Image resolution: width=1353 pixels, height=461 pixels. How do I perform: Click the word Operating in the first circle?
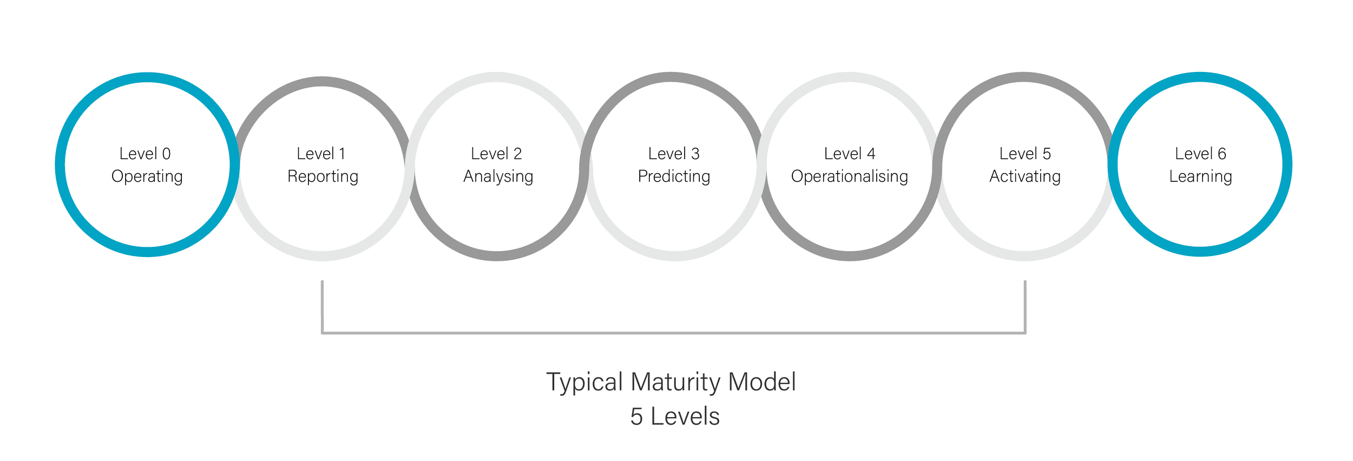(147, 177)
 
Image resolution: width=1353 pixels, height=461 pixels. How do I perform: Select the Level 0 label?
(145, 154)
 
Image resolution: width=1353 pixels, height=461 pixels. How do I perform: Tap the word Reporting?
(323, 177)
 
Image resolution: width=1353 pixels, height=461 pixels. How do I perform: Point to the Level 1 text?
(321, 154)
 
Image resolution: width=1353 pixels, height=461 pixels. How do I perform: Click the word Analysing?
(498, 177)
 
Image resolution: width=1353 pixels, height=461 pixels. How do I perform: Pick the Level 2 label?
(496, 154)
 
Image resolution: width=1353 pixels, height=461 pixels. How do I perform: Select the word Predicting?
(674, 177)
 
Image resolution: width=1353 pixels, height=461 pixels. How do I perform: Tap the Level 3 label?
(674, 154)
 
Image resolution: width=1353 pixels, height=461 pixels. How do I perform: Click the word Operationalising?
(849, 177)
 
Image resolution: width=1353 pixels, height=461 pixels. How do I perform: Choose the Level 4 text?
(849, 154)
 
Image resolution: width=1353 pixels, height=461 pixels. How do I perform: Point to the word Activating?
(1024, 177)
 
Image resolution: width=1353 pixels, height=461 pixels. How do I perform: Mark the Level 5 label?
(1024, 154)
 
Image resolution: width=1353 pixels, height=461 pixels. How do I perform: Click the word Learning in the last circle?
(1200, 177)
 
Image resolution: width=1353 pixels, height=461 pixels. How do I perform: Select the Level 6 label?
(1200, 154)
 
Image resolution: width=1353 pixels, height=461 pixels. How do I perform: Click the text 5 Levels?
(675, 417)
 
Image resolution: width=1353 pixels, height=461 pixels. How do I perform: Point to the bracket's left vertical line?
(322, 307)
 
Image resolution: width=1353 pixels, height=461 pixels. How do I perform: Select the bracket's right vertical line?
(1025, 307)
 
